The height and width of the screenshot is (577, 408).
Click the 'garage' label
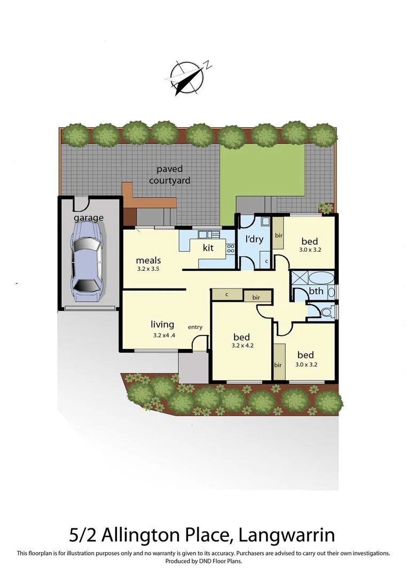[x=89, y=218]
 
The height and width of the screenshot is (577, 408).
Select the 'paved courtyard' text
[x=170, y=175]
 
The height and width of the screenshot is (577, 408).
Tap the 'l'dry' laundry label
[x=254, y=239]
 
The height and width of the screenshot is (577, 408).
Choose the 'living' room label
[x=162, y=324]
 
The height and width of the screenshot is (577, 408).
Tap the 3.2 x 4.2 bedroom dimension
[x=242, y=346]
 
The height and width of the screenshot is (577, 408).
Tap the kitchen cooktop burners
[x=231, y=248]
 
